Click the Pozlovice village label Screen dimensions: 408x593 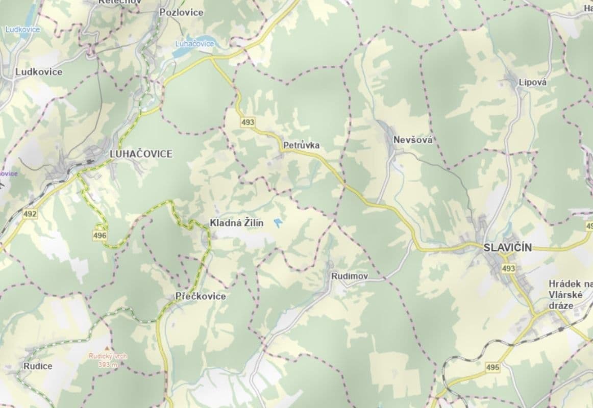point(181,12)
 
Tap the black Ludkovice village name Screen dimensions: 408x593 point(39,72)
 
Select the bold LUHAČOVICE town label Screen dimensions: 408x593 point(141,154)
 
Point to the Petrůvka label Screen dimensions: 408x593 point(301,145)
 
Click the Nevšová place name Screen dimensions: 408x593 point(412,140)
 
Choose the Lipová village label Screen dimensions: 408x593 point(532,82)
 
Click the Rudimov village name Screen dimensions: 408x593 point(350,276)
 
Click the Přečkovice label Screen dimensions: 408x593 point(200,296)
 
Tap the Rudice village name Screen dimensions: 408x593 point(38,366)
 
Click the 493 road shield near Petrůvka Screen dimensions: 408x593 point(248,122)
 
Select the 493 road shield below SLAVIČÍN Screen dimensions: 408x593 point(508,268)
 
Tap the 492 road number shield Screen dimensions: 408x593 point(30,214)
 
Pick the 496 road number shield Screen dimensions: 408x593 point(100,235)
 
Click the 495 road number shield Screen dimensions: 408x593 point(492,367)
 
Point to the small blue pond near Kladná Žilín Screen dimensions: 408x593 point(279,223)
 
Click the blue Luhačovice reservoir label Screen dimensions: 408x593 point(194,44)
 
